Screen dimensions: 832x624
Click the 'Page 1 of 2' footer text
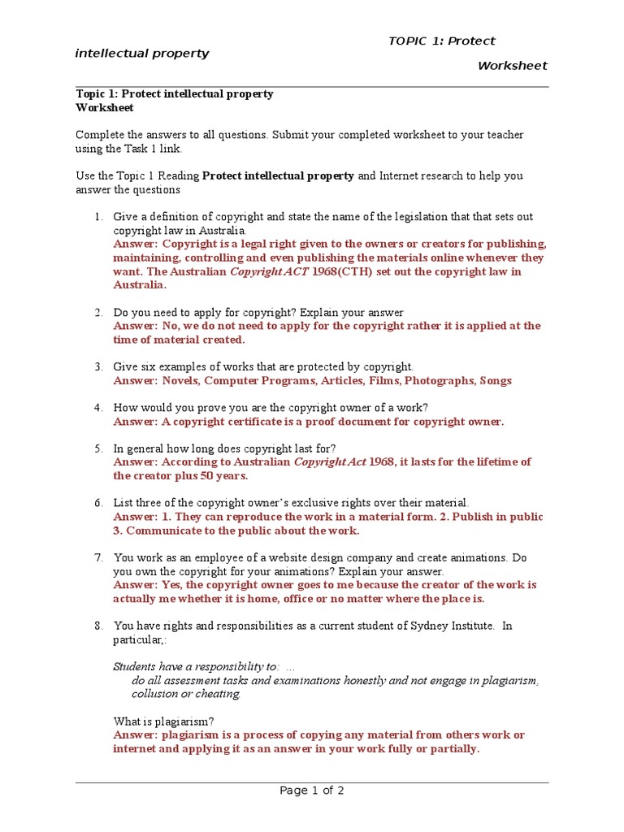(312, 791)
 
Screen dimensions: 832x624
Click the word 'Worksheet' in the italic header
(512, 66)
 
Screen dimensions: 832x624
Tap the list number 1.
(97, 217)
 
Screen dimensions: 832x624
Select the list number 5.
(97, 448)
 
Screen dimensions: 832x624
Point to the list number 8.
(97, 626)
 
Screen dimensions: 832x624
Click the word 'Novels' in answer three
(180, 380)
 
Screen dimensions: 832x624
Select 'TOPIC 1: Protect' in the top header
(441, 41)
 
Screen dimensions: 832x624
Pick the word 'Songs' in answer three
(496, 380)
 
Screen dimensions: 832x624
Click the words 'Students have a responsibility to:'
(196, 666)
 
